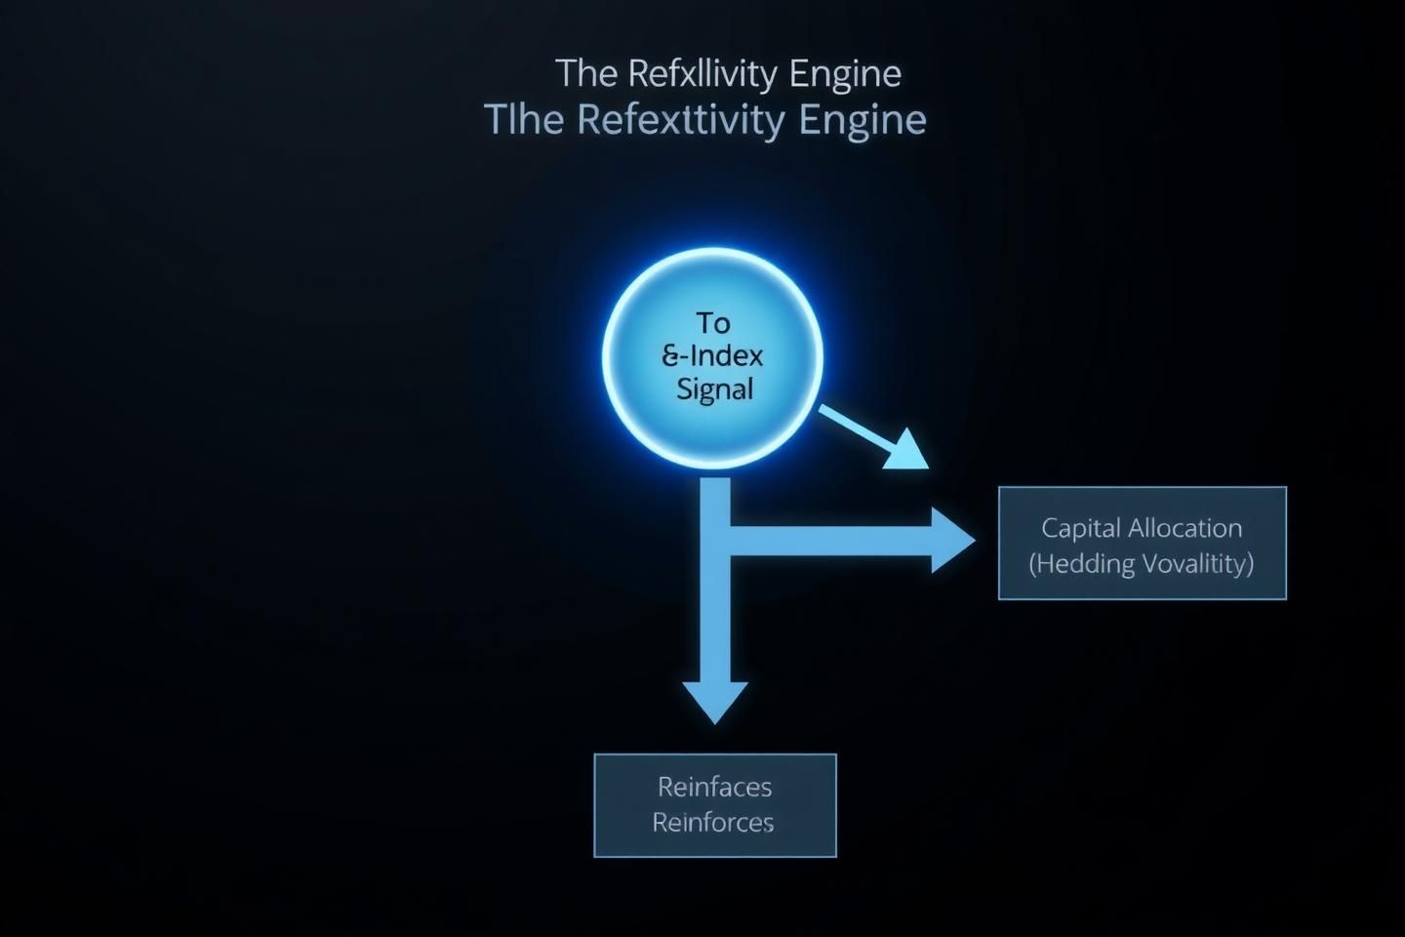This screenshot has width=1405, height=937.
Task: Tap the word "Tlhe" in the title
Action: click(524, 120)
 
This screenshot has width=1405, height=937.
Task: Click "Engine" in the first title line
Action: click(845, 74)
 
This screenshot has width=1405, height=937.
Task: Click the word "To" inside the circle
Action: click(713, 323)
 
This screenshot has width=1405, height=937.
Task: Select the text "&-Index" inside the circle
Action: click(713, 355)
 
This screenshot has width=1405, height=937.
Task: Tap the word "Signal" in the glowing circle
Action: click(714, 388)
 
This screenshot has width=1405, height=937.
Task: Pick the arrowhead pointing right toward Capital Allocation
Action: click(951, 539)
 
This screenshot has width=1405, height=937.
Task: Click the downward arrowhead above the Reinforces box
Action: click(715, 701)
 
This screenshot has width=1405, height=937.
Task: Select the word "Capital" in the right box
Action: click(1080, 528)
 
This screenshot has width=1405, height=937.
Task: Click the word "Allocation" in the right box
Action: click(1184, 528)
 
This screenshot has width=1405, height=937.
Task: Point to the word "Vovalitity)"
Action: click(1197, 563)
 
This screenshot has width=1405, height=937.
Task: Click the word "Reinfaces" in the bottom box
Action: click(714, 787)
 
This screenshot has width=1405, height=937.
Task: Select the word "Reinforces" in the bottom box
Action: click(713, 823)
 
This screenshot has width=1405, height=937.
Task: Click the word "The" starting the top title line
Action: click(585, 74)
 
